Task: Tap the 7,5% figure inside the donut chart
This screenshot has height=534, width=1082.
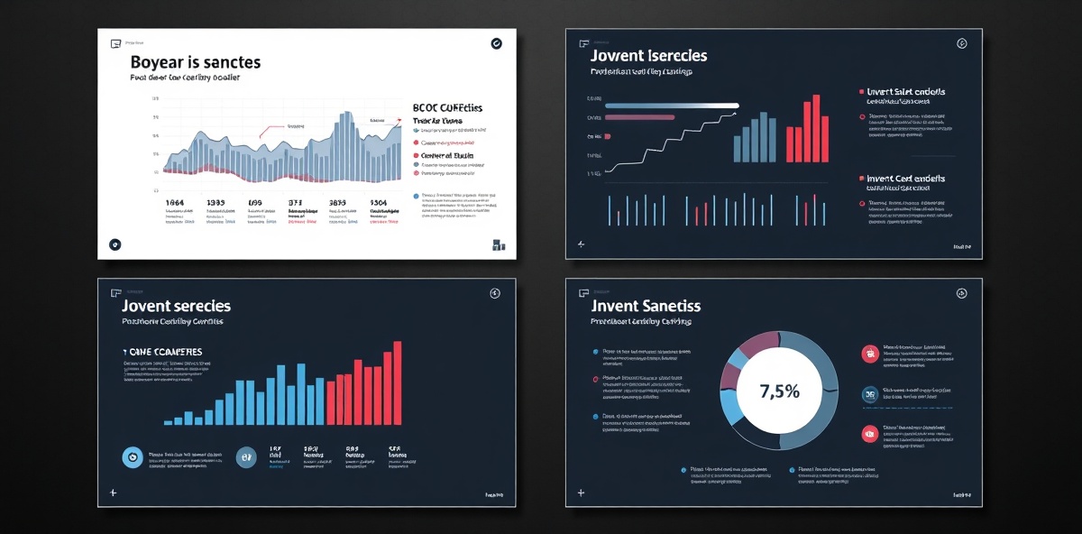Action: [780, 391]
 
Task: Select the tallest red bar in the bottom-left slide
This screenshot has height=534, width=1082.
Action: [398, 382]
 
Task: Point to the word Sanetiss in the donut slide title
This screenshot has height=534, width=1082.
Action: [673, 306]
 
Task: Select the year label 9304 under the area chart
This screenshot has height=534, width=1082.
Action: [378, 204]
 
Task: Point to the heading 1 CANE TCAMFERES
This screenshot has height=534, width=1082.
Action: [161, 351]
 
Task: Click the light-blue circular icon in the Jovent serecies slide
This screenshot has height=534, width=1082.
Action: [133, 457]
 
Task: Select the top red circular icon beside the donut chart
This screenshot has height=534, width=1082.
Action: [870, 354]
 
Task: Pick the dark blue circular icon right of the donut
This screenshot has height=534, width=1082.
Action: [870, 393]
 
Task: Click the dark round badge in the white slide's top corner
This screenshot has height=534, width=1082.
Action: [496, 42]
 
